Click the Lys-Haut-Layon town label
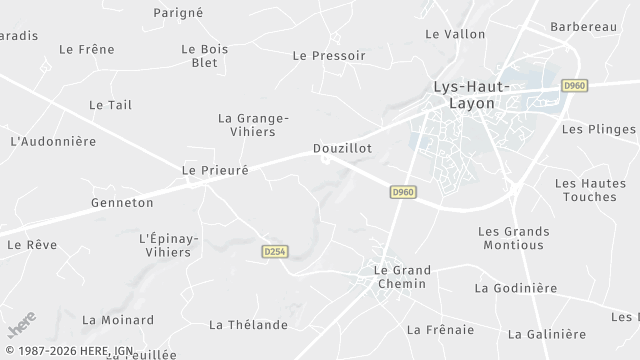point(471,95)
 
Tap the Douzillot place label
point(343,148)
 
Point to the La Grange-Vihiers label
point(253,125)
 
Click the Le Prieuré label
point(215,171)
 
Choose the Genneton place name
point(123,202)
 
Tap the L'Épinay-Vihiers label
point(169,245)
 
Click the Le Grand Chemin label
point(401,277)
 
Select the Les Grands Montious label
point(513,238)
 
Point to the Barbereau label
point(583,27)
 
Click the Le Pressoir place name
point(329,56)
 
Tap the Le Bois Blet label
point(204,55)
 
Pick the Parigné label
point(178,12)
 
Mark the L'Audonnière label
point(53,141)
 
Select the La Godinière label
point(516,289)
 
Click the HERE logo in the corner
point(21,326)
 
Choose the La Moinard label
point(118,320)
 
